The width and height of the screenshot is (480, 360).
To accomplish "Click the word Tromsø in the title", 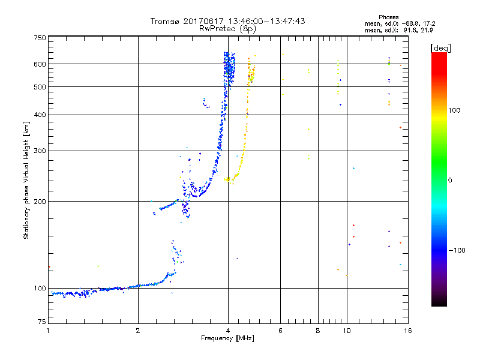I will point(164,21).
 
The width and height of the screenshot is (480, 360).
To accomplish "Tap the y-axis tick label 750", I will point(40,38).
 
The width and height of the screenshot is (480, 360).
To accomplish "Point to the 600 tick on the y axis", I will point(40,64).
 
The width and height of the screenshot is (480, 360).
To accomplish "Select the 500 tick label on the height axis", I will point(40,87).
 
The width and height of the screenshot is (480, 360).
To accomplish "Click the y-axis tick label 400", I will point(40,115).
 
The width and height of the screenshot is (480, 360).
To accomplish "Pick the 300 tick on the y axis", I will point(40,151).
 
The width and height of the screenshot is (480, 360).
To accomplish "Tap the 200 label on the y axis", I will point(40,202).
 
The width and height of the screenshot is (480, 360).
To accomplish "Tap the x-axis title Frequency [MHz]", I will point(228,339).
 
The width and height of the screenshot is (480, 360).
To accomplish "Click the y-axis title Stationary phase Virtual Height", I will point(26,180).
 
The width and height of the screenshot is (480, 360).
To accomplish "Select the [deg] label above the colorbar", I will point(440,47).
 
